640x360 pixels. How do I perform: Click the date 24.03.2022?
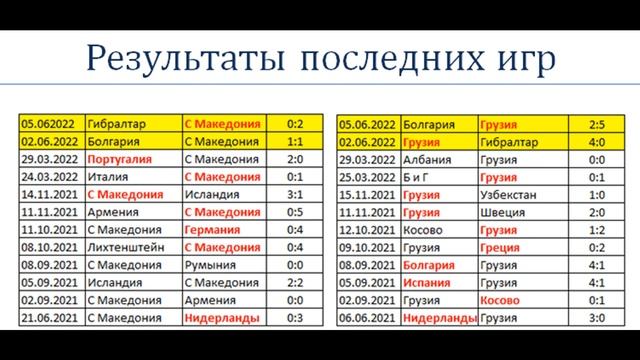pyautogui.click(x=51, y=175)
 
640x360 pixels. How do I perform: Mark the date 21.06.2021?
pyautogui.click(x=51, y=317)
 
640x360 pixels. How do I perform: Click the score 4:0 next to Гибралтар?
pyautogui.click(x=597, y=142)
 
